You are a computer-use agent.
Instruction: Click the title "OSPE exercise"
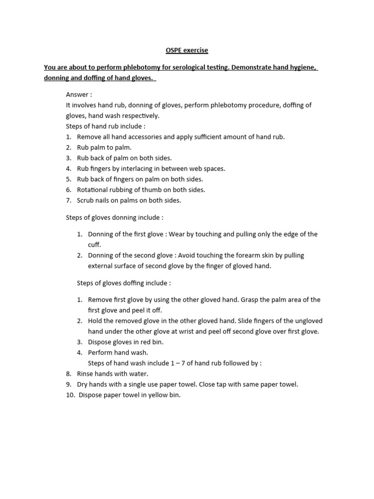tap(187, 50)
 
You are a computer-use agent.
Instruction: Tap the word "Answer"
tap(77, 95)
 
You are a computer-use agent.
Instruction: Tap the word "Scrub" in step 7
tap(86, 200)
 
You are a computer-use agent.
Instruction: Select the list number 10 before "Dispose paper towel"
tap(70, 395)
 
